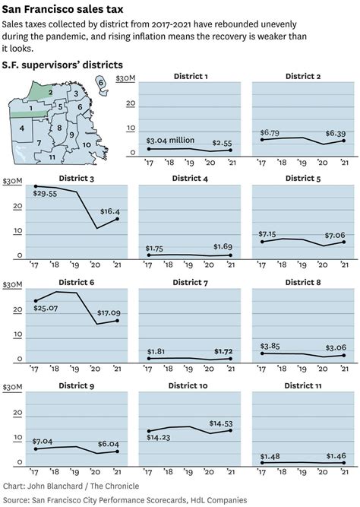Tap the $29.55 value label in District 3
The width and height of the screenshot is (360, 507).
tap(45, 194)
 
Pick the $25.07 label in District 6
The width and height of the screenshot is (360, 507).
tap(46, 308)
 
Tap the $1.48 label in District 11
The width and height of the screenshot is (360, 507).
tap(270, 455)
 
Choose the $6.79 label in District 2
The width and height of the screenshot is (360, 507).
tap(270, 133)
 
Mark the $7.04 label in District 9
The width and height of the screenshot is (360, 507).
tap(46, 441)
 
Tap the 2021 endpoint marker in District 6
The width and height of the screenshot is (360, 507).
tap(116, 320)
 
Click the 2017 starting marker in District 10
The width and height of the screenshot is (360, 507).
tap(149, 431)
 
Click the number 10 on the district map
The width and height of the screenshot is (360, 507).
tap(87, 144)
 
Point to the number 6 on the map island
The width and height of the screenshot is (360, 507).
tap(100, 81)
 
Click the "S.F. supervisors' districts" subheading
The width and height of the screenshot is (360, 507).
tap(62, 65)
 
